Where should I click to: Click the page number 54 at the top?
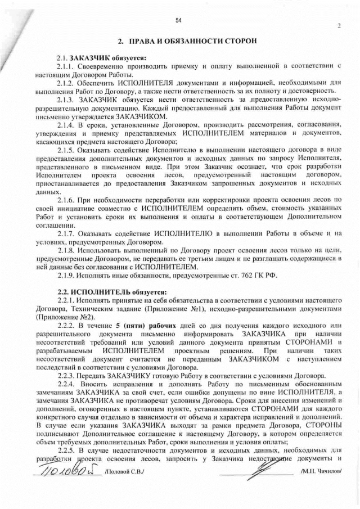click(x=178, y=21)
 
